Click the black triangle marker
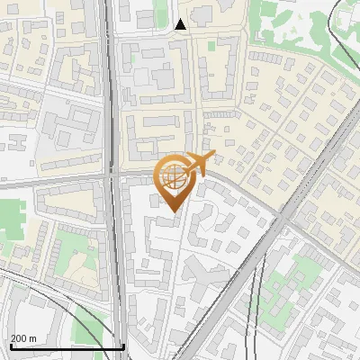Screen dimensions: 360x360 [x=181, y=24]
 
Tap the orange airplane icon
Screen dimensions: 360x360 [x=197, y=164]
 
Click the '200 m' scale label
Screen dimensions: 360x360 [x=24, y=338]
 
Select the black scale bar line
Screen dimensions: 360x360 [x=67, y=346]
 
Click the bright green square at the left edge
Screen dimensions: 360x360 [x=11, y=220]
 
